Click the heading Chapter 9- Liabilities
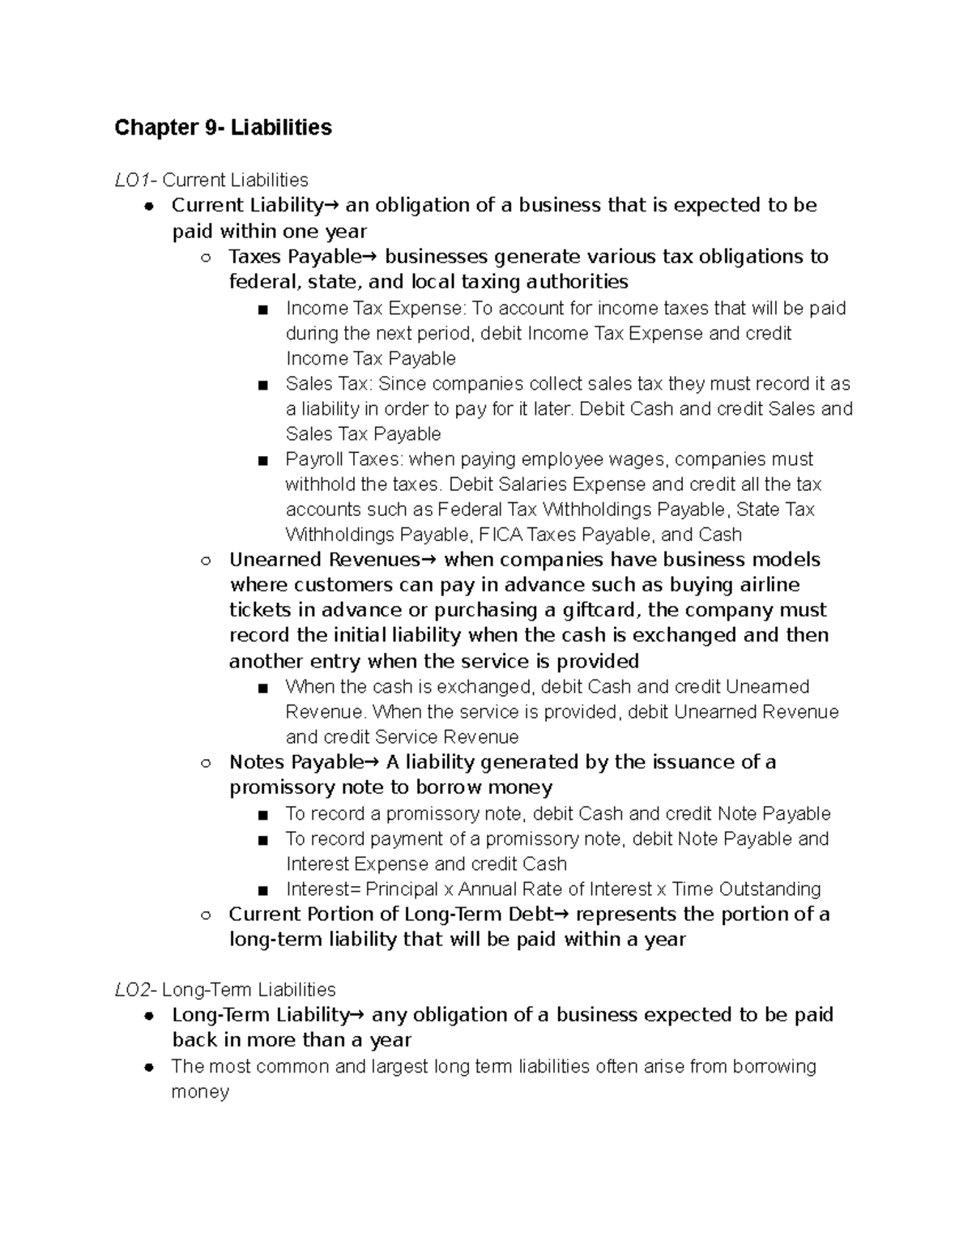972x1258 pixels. point(223,127)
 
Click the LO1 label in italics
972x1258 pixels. point(130,180)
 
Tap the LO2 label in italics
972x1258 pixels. point(130,989)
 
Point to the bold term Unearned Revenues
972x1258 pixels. point(324,560)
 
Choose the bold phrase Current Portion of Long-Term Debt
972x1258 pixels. point(390,915)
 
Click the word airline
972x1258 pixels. point(769,585)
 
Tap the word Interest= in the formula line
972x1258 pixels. point(323,889)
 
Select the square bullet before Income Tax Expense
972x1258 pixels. point(262,309)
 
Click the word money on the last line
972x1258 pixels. point(200,1091)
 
